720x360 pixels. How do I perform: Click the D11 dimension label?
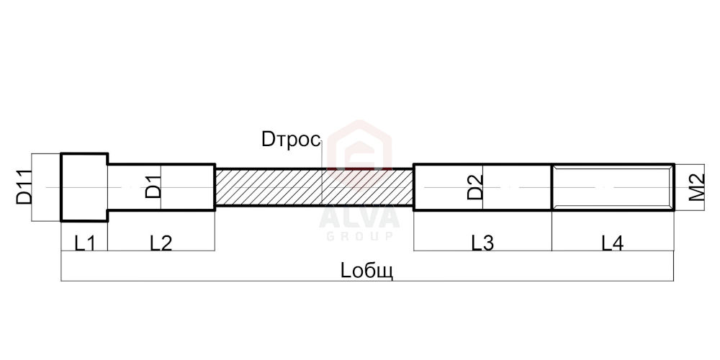24,187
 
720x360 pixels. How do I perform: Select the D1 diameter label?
153,187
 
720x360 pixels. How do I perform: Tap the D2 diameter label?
475,187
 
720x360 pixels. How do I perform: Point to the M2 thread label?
696,187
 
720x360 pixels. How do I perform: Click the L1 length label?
85,243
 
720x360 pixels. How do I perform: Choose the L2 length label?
161,243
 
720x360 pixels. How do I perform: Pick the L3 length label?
482,243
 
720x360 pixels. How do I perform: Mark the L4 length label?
613,243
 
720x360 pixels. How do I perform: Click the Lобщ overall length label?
367,271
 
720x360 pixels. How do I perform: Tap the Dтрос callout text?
291,140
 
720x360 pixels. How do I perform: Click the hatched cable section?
315,187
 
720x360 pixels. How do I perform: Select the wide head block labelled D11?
84,187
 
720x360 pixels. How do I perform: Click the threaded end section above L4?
613,187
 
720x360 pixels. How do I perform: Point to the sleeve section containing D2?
482,187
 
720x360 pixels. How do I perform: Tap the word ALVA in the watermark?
359,219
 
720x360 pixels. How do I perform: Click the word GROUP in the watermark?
359,236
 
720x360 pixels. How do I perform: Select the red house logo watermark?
359,147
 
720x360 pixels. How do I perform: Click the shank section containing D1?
161,187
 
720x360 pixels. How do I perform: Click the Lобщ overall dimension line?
367,281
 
